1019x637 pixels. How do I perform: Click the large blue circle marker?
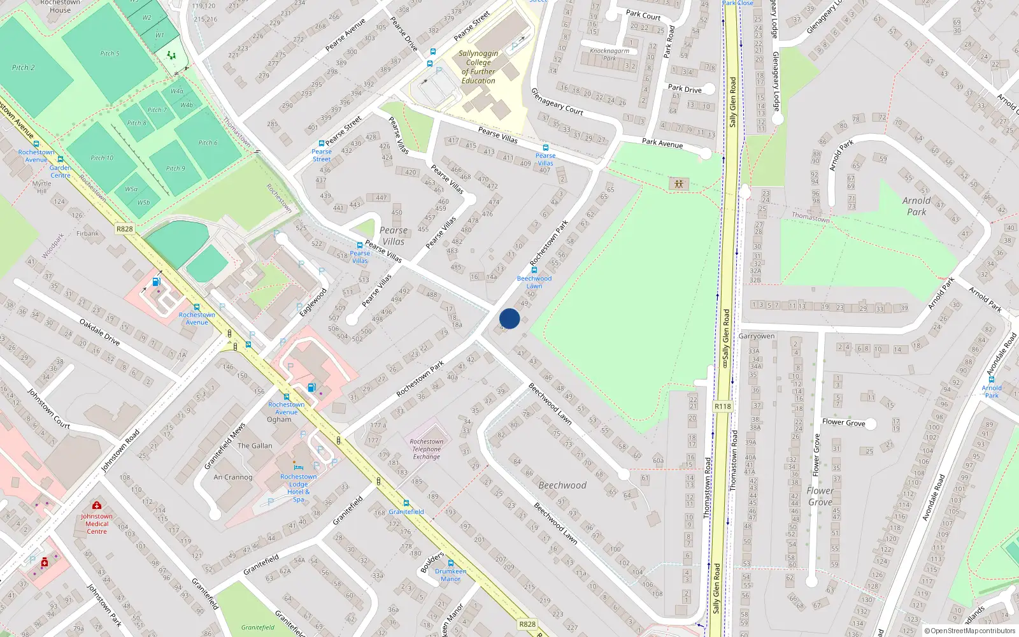(509, 318)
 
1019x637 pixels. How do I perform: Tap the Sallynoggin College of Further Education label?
(478, 67)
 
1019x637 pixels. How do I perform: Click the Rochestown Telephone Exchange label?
(426, 449)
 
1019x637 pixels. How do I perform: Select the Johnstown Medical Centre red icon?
(97, 505)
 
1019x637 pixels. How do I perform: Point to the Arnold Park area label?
(916, 206)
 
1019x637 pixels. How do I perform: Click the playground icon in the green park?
(679, 184)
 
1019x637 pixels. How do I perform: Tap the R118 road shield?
(722, 406)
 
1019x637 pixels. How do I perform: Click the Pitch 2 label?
(23, 68)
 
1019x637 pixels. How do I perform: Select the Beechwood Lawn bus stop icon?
(534, 270)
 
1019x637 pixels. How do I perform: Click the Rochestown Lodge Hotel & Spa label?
(298, 488)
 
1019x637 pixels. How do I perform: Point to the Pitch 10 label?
(102, 158)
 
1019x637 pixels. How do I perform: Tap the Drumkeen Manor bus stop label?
(450, 575)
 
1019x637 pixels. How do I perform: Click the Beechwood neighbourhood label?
(562, 485)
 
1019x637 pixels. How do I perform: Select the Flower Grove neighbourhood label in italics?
(820, 496)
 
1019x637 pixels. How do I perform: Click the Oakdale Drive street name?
(99, 332)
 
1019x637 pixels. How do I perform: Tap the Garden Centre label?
(61, 171)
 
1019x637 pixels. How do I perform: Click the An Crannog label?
(233, 477)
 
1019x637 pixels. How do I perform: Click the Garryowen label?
(757, 336)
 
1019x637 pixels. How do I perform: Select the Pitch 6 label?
(208, 143)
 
